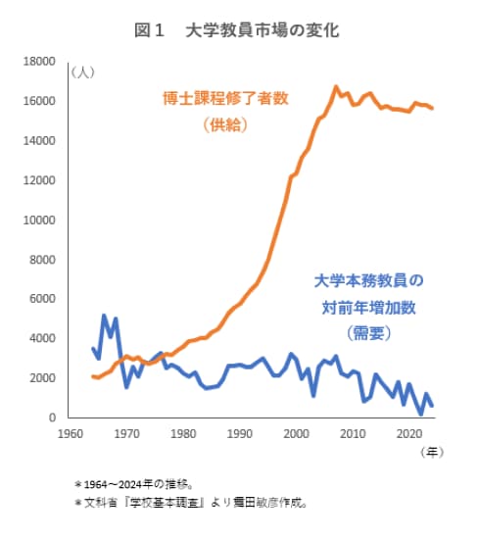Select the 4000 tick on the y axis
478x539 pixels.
point(41,339)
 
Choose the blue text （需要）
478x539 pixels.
point(368,334)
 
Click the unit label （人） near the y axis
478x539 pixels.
point(83,73)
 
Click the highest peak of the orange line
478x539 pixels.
point(336,87)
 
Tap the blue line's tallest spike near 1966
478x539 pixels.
point(104,316)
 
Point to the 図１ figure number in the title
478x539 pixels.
point(148,30)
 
